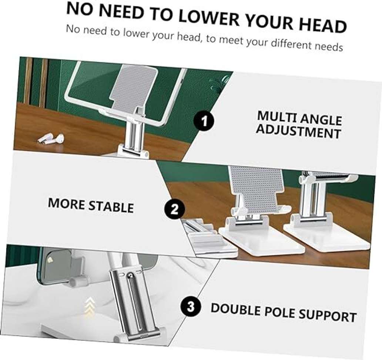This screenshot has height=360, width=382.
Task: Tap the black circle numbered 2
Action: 174,210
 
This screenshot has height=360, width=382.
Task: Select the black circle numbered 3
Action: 191,308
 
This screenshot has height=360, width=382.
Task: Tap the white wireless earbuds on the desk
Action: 51,139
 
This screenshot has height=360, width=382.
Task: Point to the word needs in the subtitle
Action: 326,47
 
